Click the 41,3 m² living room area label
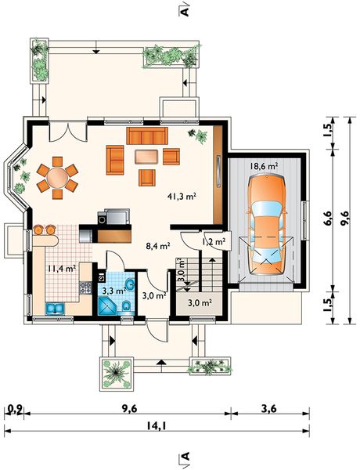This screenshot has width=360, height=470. [x=182, y=197]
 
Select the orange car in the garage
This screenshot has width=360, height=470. [x=266, y=225]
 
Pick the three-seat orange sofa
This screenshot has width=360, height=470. [x=147, y=136]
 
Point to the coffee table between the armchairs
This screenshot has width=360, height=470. [x=146, y=157]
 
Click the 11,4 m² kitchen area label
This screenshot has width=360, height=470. [x=61, y=268]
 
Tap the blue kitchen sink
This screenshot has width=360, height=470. [x=55, y=309]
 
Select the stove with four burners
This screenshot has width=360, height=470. [x=85, y=287]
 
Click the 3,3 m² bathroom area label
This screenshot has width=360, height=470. [x=114, y=291]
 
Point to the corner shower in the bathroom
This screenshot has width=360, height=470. [x=106, y=305]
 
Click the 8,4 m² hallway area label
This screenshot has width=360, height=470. [x=158, y=246]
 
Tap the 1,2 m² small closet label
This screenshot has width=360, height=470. [x=214, y=241]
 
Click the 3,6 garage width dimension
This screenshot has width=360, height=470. [x=268, y=409]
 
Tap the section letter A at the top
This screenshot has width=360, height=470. [x=185, y=12]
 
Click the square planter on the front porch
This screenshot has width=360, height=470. [x=116, y=374]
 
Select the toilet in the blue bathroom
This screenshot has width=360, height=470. [x=126, y=305]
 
